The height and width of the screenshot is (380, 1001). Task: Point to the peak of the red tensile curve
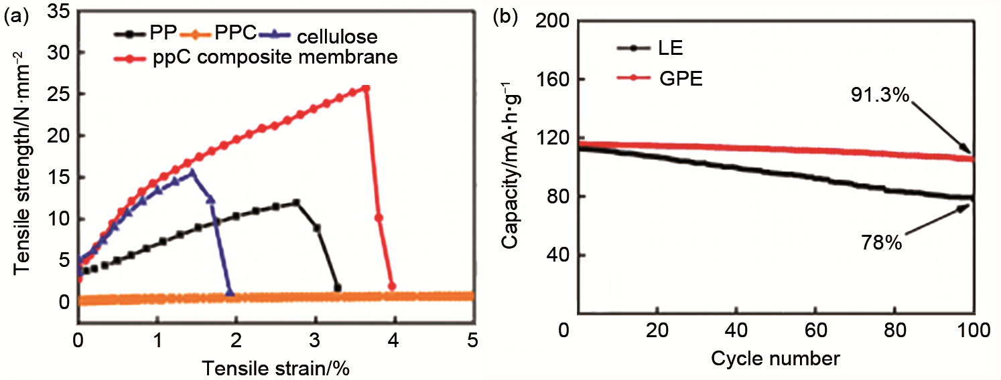click(365, 88)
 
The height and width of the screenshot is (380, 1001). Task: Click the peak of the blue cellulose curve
click(192, 172)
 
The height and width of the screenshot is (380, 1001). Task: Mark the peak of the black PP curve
click(295, 202)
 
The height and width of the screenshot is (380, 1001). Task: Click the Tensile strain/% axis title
click(275, 367)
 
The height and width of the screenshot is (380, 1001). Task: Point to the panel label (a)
click(16, 18)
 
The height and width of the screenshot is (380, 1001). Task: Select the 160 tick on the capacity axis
click(551, 80)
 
